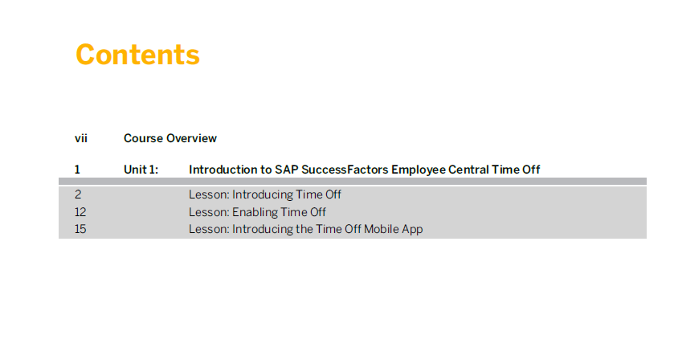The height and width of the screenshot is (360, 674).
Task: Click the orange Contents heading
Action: [137, 55]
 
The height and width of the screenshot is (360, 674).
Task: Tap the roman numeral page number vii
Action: [81, 138]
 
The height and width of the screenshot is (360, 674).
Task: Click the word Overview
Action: [192, 138]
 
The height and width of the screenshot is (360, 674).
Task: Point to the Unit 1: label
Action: [141, 170]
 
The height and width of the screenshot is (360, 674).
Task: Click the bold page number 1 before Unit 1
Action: [77, 170]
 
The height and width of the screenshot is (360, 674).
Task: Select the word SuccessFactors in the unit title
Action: [345, 170]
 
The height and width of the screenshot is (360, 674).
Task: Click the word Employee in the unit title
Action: [419, 170]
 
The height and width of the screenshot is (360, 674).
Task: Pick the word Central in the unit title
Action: [468, 170]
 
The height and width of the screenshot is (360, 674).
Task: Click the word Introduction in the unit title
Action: [223, 170]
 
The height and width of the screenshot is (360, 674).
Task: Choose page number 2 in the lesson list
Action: [78, 194]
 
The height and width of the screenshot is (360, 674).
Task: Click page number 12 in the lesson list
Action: [80, 212]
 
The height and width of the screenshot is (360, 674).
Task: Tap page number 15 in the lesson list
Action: [80, 229]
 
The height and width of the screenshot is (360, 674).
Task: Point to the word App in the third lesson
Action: [413, 230]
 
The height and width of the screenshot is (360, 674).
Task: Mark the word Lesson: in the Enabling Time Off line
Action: [209, 212]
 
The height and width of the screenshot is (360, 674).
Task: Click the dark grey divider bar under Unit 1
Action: [353, 181]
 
